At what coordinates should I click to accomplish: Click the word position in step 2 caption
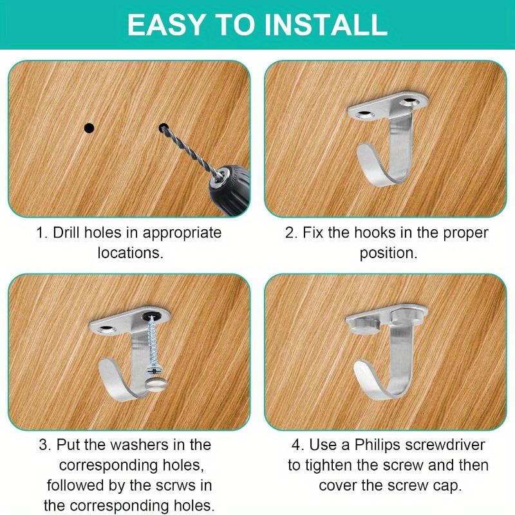388,252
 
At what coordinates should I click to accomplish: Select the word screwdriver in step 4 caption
450,444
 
